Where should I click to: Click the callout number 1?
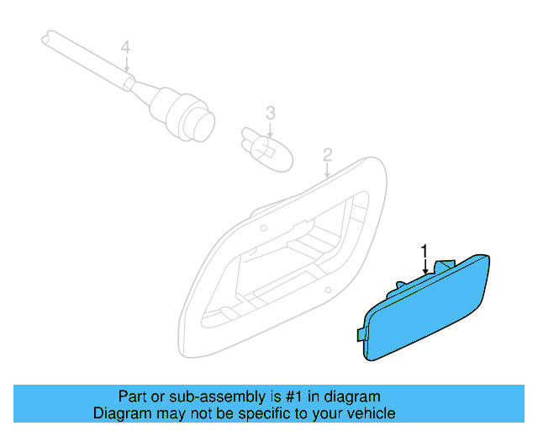coord(425,251)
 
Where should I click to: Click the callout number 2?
coord(327,155)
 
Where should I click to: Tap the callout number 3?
coord(271,112)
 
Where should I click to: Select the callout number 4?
coord(125,48)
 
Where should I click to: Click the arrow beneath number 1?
coord(425,266)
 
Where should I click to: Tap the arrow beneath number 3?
coord(271,129)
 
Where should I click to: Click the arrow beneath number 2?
coord(327,171)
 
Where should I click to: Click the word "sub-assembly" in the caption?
coord(186,396)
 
